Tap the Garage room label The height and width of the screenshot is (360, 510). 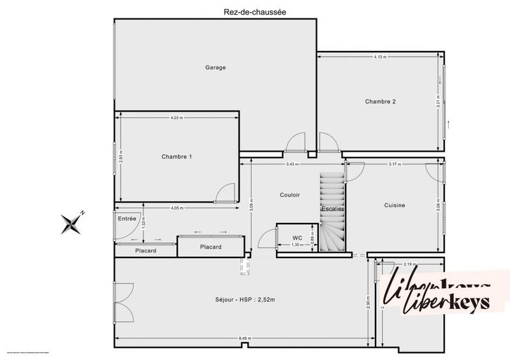[215, 68]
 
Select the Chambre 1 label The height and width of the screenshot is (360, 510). [177, 157]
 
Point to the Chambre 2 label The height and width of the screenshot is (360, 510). [381, 101]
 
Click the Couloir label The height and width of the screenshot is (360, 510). [289, 195]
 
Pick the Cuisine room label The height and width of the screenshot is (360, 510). [395, 205]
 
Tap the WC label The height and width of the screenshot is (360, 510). [296, 237]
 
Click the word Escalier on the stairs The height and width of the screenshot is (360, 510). [333, 208]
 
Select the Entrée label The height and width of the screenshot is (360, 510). [127, 219]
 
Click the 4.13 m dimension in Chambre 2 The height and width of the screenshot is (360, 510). [381, 57]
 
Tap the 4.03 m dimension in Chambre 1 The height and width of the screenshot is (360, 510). [177, 118]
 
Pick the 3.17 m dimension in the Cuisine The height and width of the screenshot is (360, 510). [395, 164]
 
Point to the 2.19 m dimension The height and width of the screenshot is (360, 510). [410, 264]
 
